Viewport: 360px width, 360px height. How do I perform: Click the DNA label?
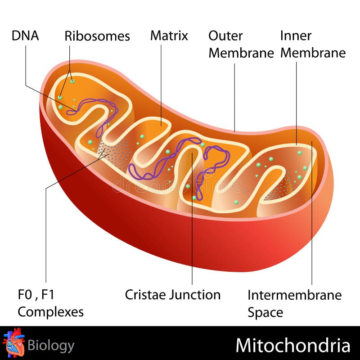tap(25, 36)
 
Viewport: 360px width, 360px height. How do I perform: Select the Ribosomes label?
tap(97, 36)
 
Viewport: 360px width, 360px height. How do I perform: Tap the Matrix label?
tap(169, 36)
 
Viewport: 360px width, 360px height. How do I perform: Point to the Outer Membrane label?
tap(241, 44)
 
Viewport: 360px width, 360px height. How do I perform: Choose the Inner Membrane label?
tap(313, 44)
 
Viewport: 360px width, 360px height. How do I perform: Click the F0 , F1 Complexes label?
tap(50, 303)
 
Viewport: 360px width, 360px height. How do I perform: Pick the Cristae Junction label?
tap(173, 295)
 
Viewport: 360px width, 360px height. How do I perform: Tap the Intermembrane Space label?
tap(295, 304)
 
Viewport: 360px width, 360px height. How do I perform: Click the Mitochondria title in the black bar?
tap(293, 346)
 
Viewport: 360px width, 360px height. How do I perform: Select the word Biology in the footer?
tap(51, 346)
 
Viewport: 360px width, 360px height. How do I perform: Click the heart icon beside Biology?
tap(13, 342)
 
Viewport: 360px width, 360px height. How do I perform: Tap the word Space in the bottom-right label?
tap(265, 312)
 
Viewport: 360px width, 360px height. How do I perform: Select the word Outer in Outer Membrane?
tap(226, 36)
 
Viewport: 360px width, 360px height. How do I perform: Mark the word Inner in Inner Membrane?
tap(296, 36)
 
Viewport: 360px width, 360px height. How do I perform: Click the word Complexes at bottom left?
tap(50, 312)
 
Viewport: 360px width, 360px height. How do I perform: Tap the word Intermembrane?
tap(295, 295)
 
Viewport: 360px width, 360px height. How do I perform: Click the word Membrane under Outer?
tap(241, 53)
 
